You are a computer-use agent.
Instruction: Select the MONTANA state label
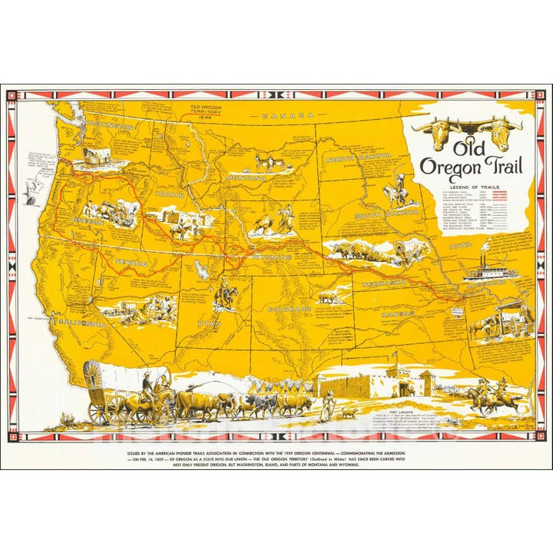click(x=246, y=178)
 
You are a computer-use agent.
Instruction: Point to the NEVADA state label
click(x=131, y=262)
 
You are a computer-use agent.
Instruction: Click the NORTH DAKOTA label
click(x=358, y=157)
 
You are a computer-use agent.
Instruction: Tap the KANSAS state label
click(x=396, y=315)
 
